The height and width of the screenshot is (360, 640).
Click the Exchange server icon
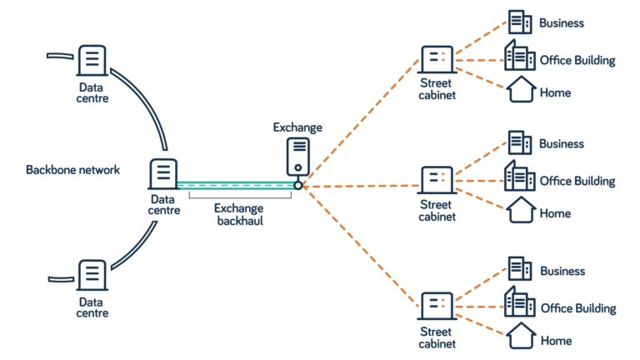click(298, 156)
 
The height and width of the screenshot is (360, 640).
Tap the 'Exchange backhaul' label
click(239, 214)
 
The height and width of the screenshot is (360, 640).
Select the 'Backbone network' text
click(72, 170)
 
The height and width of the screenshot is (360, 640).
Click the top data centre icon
click(92, 60)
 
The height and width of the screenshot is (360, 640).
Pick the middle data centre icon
click(163, 174)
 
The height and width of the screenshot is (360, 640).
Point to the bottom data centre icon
click(92, 274)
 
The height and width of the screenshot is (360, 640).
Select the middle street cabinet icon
click(437, 180)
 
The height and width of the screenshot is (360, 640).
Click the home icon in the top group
click(521, 89)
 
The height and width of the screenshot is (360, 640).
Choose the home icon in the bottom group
click(521, 336)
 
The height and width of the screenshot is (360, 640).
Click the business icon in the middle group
click(520, 142)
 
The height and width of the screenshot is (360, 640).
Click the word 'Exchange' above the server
click(297, 127)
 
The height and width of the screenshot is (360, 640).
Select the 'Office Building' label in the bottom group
click(578, 308)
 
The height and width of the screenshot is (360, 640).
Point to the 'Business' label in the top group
click(562, 23)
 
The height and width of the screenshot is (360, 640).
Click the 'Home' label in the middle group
click(555, 214)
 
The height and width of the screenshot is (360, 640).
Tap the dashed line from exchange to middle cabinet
click(358, 186)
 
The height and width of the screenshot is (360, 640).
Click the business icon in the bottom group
click(520, 269)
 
